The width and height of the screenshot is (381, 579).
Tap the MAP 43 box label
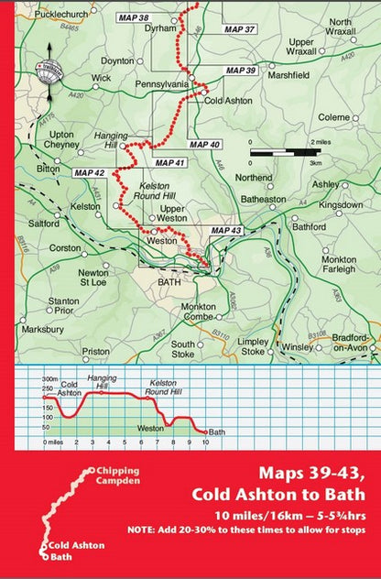coord(225,230)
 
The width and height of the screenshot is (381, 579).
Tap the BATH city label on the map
coord(169,283)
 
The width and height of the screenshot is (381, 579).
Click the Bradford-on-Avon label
coord(352,344)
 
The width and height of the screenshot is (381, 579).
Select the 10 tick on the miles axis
coord(205,442)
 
